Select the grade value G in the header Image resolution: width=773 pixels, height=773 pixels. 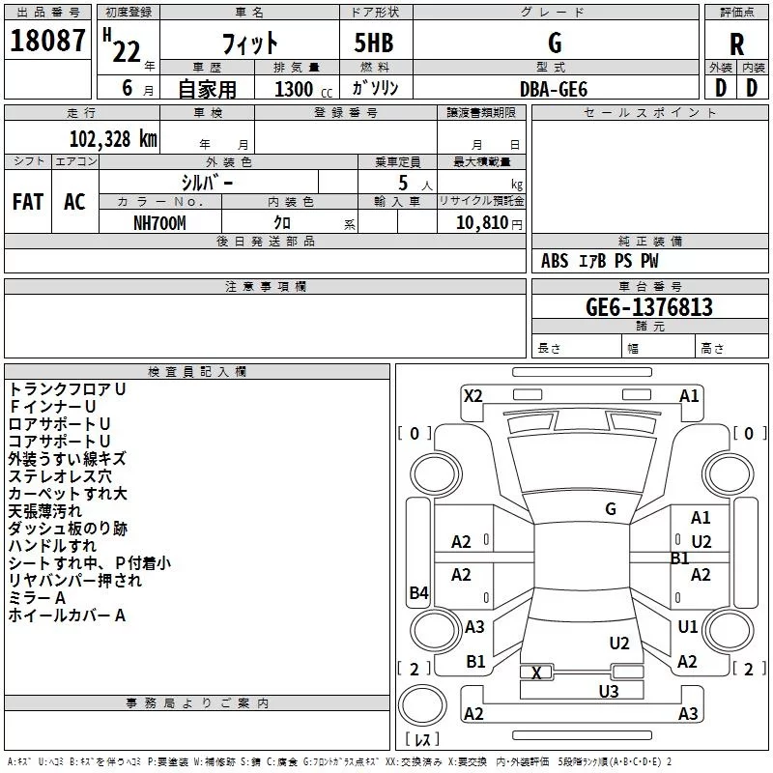coord(554,43)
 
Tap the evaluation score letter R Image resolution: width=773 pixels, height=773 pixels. coord(736,44)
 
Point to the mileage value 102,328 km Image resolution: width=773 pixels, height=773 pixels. coord(113,138)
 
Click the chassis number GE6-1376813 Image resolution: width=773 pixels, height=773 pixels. coord(649,307)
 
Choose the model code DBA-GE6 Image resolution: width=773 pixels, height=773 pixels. coord(554,88)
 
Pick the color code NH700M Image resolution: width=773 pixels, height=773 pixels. coord(159,222)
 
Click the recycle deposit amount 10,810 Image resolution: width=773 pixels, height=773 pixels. coord(480,222)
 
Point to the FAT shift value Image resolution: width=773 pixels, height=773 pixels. coord(28,202)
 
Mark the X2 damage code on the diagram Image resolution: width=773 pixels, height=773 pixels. coord(472,395)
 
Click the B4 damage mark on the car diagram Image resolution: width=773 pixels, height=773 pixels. coord(418,593)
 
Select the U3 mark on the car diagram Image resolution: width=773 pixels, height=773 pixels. coord(609,691)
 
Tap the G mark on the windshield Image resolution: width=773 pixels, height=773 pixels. coord(611,509)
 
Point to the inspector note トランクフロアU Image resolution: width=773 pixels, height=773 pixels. coord(68,388)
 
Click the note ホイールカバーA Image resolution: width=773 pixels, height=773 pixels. coord(68,615)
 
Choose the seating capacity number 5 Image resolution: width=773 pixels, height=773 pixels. coord(402,183)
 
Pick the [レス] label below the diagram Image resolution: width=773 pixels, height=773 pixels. coord(424,739)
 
